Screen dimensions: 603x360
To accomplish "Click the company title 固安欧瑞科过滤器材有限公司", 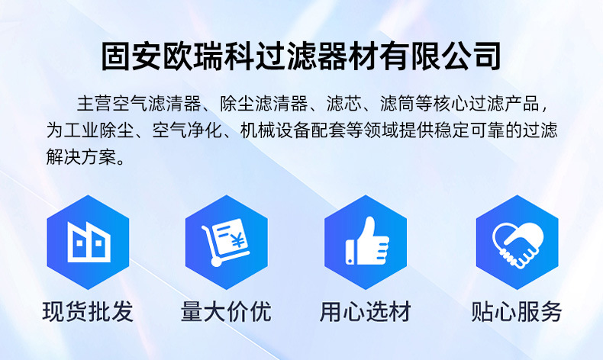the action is coord(301,56).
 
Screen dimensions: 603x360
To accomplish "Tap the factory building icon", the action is coord(89,242).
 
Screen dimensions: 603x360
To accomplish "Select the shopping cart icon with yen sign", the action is coord(225,242).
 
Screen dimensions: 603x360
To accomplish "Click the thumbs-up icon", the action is coord(367,240).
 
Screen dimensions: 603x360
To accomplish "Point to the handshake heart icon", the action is coord(518,244).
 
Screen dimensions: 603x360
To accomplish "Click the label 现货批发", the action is coord(88,311).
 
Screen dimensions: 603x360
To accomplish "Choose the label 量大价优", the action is coord(226,311).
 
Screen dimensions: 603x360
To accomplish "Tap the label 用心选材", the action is coord(366,311).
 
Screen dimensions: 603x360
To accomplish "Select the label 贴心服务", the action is coord(517,311).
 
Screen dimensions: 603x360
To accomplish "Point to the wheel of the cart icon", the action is coord(217,262).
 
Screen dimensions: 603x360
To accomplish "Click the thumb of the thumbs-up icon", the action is coord(369,229).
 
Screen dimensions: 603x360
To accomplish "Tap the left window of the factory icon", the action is coord(79,243).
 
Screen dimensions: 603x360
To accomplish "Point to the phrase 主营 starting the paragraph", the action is coord(94,104).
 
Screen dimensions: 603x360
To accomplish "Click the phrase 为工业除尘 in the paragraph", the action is coord(90,130).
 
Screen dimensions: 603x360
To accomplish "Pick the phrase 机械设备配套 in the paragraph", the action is coord(292,130).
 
